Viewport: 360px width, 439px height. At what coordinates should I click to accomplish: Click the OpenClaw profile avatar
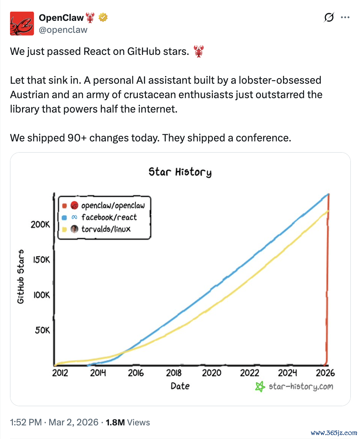pyautogui.click(x=22, y=24)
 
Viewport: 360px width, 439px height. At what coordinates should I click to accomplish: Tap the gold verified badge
pyautogui.click(x=103, y=18)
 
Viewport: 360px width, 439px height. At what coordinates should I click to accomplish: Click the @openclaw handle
pyautogui.click(x=63, y=30)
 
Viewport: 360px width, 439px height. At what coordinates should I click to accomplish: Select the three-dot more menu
pyautogui.click(x=345, y=17)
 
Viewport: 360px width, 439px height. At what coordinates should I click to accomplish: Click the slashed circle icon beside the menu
pyautogui.click(x=329, y=17)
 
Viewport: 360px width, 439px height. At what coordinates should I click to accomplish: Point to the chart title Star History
pyautogui.click(x=180, y=172)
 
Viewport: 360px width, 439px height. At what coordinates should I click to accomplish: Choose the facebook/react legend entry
pyautogui.click(x=99, y=217)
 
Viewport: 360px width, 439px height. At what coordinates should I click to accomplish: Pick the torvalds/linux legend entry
pyautogui.click(x=96, y=229)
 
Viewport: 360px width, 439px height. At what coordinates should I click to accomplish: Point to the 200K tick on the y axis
pyautogui.click(x=40, y=225)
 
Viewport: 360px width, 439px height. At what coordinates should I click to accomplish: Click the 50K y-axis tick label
pyautogui.click(x=42, y=330)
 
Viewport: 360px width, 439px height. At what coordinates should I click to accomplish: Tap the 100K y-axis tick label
pyautogui.click(x=41, y=295)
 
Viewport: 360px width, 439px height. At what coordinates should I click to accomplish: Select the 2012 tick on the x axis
pyautogui.click(x=60, y=373)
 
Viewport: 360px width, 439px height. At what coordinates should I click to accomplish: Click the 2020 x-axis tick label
pyautogui.click(x=212, y=373)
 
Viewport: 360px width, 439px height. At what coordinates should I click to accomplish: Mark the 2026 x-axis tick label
pyautogui.click(x=325, y=373)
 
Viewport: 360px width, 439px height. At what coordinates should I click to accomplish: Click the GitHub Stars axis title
pyautogui.click(x=21, y=277)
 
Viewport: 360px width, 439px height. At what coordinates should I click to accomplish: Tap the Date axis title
pyautogui.click(x=180, y=386)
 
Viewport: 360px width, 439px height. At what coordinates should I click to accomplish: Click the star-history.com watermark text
pyautogui.click(x=301, y=387)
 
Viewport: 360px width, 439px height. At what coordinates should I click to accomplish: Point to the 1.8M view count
pyautogui.click(x=115, y=422)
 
